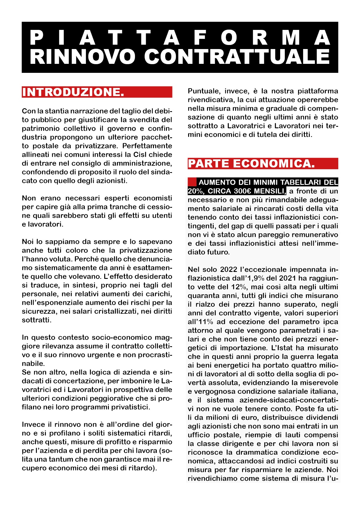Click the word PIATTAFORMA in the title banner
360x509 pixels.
(x=180, y=38)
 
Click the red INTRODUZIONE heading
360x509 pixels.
(x=73, y=92)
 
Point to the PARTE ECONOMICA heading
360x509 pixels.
(x=251, y=164)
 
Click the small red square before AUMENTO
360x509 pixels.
(x=192, y=182)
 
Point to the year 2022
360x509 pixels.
(x=229, y=270)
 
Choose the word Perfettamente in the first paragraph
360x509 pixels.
(x=147, y=146)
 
